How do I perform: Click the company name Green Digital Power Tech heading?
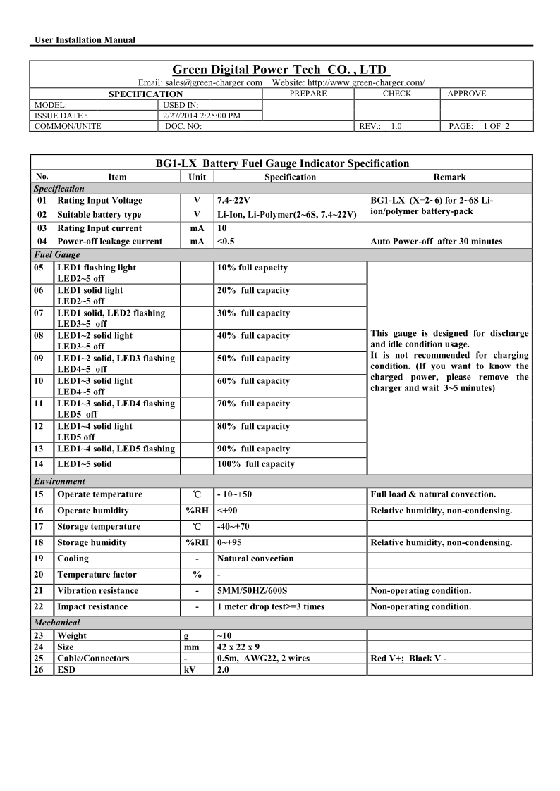point(281,70)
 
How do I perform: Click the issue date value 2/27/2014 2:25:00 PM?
point(201,116)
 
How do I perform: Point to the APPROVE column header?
point(467,94)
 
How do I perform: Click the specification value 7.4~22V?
point(233,201)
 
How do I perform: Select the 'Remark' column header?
point(450,177)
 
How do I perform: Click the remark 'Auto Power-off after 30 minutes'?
point(436,242)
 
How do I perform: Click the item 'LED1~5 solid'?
point(84,464)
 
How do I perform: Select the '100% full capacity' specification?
point(256,464)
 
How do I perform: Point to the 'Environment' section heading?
point(59,481)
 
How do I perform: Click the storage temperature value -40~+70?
point(233,527)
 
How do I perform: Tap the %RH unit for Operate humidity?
point(197,511)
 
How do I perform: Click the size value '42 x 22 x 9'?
point(238,647)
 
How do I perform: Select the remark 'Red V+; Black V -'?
point(408,659)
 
